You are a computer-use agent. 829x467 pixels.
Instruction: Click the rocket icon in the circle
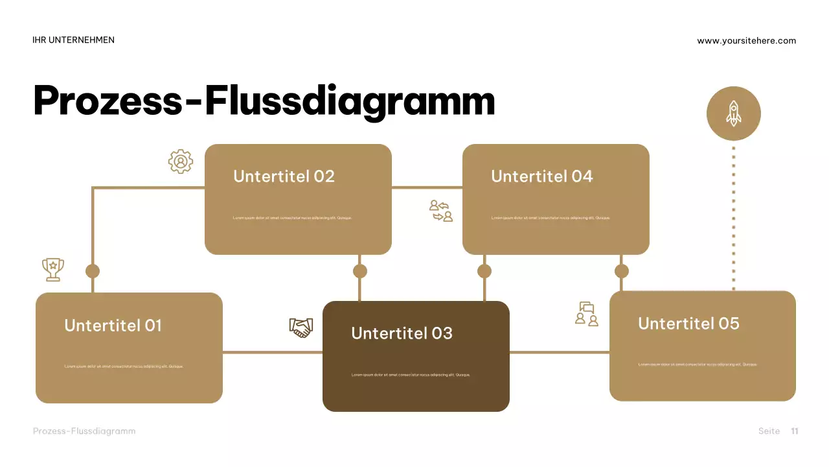click(733, 114)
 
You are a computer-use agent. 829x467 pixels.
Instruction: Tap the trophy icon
click(53, 269)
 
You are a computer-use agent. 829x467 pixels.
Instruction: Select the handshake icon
click(301, 327)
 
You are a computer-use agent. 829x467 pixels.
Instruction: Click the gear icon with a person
click(181, 162)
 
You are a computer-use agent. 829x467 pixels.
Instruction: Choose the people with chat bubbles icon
click(587, 314)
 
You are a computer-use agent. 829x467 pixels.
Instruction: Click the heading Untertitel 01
click(113, 326)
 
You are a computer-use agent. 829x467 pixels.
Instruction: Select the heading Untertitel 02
click(284, 176)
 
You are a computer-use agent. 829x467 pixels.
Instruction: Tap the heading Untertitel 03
click(402, 333)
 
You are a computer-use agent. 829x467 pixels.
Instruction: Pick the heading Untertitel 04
click(541, 176)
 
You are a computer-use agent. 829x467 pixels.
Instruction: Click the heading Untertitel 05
click(688, 324)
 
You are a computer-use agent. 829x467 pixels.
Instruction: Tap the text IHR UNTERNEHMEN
click(73, 40)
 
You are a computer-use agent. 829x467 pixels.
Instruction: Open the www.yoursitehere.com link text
click(746, 41)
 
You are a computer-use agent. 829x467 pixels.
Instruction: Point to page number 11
click(795, 431)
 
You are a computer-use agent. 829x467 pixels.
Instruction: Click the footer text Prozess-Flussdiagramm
click(84, 431)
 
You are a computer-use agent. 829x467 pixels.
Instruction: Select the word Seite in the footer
click(769, 431)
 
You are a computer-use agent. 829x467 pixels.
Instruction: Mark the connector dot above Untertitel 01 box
click(93, 271)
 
